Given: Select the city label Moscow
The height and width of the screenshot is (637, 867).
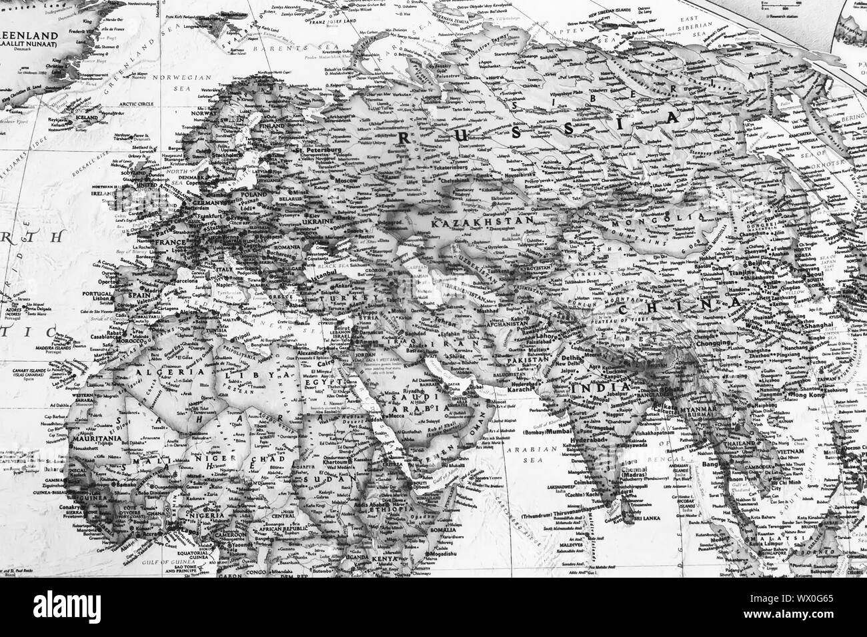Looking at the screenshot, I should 347,181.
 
